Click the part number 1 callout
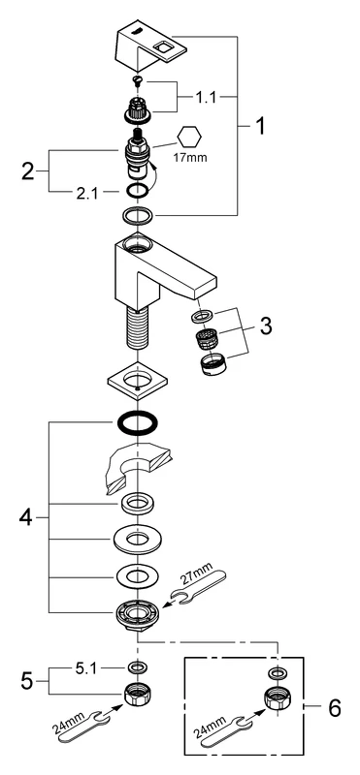point(259,127)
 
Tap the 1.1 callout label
point(205,98)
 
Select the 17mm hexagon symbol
point(189,137)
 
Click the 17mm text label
point(189,159)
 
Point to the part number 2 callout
point(28,171)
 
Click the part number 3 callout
point(267,325)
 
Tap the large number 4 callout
point(26,517)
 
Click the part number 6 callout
point(335,708)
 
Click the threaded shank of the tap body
point(137,328)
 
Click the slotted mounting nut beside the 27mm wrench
point(137,615)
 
